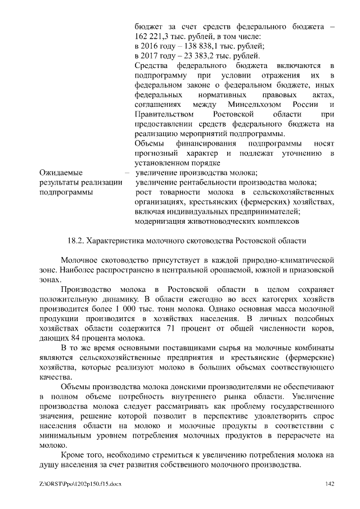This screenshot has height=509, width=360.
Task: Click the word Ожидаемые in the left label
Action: click(61, 173)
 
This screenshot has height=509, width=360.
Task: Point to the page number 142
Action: click(330, 484)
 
